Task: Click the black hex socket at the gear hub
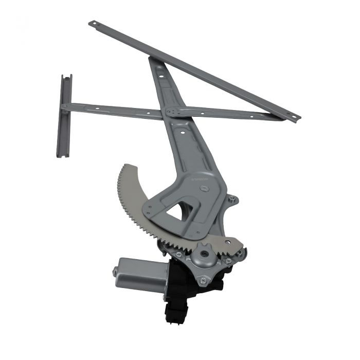click(205, 254)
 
